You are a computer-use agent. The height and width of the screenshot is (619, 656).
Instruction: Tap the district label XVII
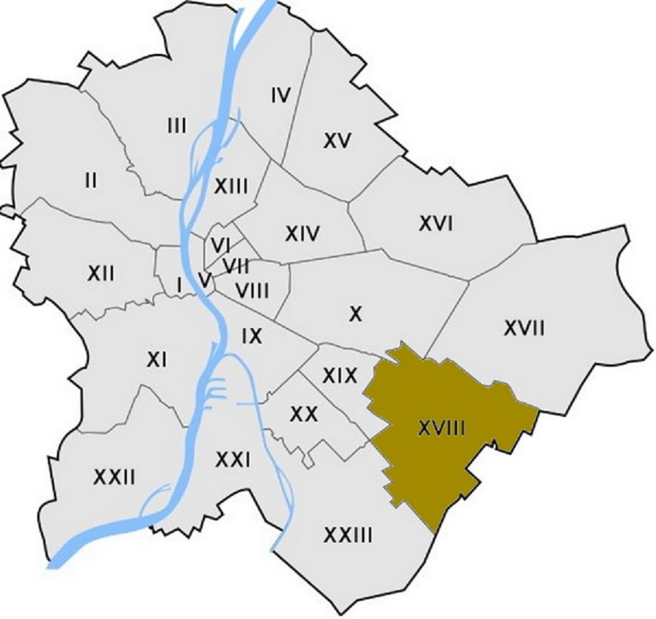coord(524,329)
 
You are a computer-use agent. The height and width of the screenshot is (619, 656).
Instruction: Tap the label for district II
coord(90,179)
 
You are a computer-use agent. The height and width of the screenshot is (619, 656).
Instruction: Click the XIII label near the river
coord(231,186)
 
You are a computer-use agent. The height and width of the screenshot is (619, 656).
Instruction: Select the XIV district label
coord(302,234)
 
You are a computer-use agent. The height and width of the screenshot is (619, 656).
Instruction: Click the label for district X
coord(356,314)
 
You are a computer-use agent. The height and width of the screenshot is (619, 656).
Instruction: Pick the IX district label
coord(251,336)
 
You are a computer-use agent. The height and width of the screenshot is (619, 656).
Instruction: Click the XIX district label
coord(340,375)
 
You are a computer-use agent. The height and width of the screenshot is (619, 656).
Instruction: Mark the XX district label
coord(302,414)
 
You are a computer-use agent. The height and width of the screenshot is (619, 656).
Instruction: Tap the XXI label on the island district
coord(233,459)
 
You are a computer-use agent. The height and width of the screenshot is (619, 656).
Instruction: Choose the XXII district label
coord(114,478)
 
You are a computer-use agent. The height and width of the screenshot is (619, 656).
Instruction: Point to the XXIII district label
coord(348,537)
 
